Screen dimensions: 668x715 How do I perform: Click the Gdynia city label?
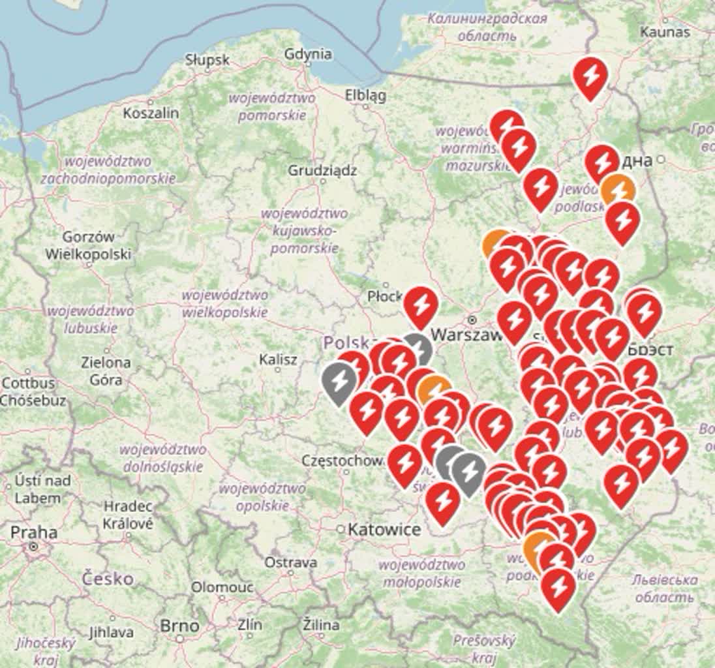tap(308, 54)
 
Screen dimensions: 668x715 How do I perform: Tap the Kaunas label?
tap(665, 31)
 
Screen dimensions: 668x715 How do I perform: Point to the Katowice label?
tap(384, 529)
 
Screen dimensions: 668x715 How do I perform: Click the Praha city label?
tap(33, 532)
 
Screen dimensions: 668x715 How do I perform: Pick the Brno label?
tap(179, 626)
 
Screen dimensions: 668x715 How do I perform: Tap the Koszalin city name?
tap(151, 113)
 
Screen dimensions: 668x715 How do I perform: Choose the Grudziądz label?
tap(322, 171)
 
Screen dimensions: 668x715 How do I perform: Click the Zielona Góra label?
tap(106, 370)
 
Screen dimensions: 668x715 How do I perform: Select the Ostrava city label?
tap(291, 562)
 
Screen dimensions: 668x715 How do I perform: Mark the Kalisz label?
tap(278, 359)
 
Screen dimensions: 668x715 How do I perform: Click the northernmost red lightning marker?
tap(590, 76)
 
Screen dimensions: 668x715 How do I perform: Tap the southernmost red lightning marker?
tap(558, 587)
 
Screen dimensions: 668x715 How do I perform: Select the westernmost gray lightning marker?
tap(339, 381)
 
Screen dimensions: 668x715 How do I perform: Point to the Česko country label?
tap(108, 578)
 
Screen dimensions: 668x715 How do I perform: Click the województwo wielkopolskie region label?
tap(224, 304)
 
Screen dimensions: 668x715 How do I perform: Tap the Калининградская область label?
tap(487, 27)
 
